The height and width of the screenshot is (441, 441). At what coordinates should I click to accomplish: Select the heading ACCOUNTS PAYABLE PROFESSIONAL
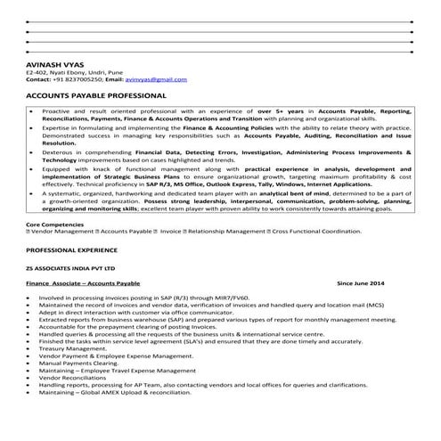click(x=96, y=94)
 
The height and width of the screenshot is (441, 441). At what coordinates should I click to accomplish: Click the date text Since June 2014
click(x=361, y=282)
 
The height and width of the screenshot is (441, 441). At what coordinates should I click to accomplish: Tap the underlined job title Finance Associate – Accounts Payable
click(x=84, y=282)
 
